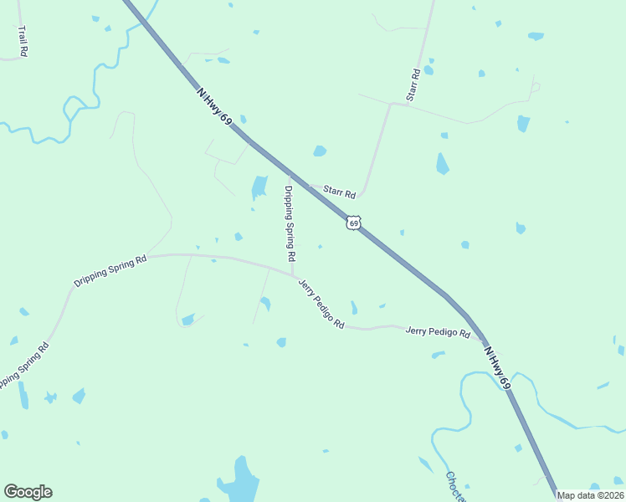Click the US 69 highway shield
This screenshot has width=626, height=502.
click(x=354, y=223)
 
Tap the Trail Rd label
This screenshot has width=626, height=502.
click(x=23, y=41)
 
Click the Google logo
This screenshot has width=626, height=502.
click(x=28, y=492)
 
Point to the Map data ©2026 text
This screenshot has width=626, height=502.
click(x=590, y=495)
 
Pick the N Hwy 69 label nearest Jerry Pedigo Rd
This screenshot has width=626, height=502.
click(x=496, y=366)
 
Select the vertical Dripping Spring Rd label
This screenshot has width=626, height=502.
click(x=290, y=222)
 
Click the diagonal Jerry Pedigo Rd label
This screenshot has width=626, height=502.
click(x=321, y=303)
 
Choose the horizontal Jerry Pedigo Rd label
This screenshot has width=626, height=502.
click(x=438, y=331)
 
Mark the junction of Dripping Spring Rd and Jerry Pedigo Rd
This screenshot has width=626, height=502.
click(x=292, y=274)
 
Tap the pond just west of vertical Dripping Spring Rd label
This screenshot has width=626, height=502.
click(x=259, y=187)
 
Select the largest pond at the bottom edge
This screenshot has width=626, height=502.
click(x=240, y=480)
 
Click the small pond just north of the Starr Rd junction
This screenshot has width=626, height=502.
click(x=319, y=151)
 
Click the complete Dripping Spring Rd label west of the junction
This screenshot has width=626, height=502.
click(x=110, y=271)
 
